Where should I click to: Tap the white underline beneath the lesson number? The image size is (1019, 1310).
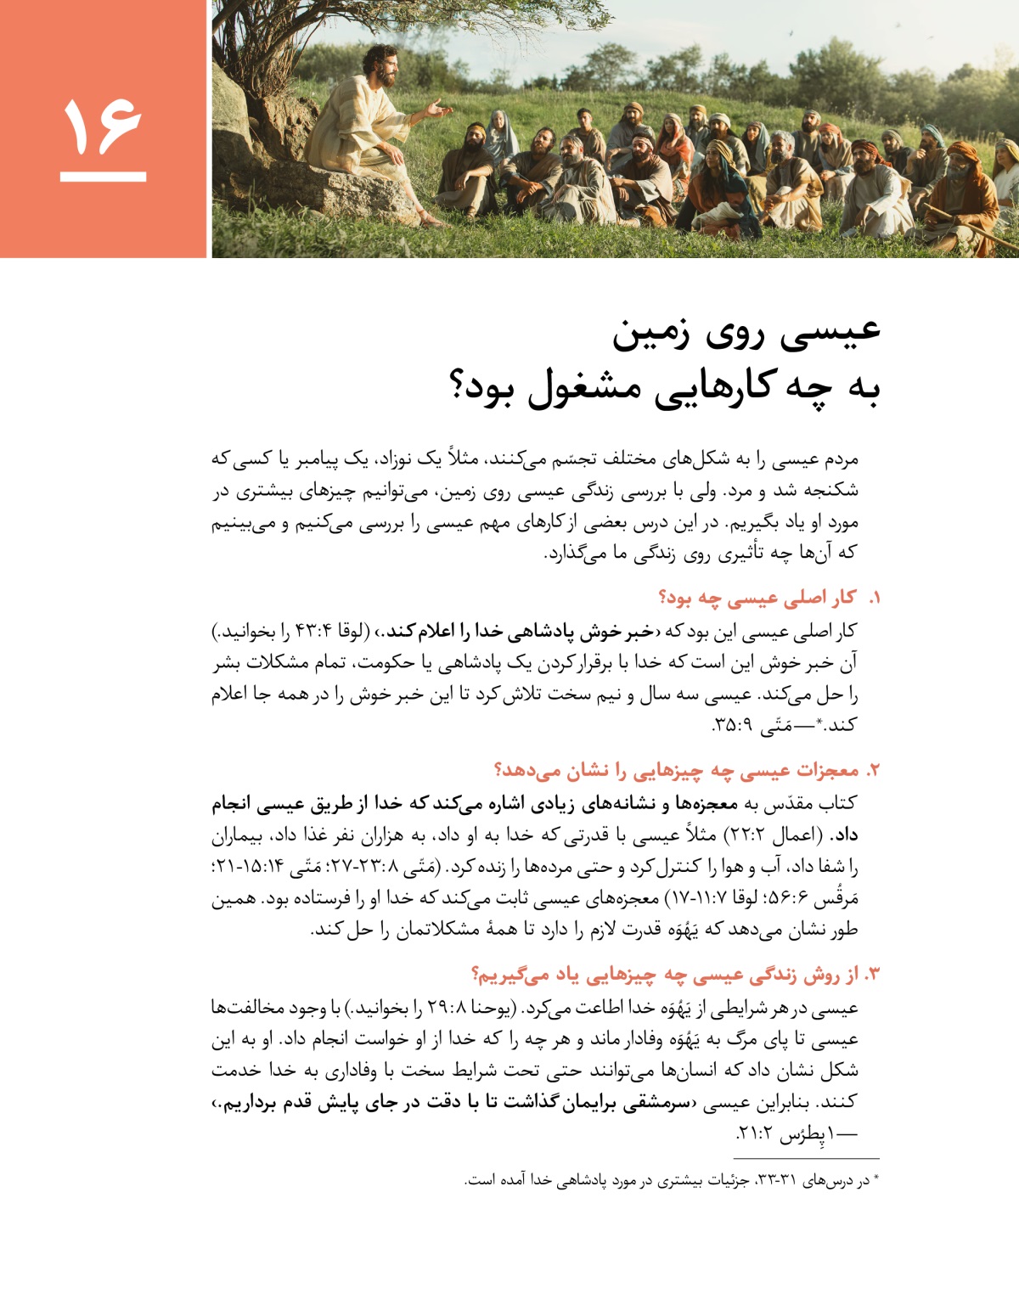click(x=103, y=177)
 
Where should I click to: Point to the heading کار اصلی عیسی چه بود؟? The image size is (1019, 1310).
click(x=757, y=598)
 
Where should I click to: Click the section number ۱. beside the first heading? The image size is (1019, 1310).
click(x=874, y=599)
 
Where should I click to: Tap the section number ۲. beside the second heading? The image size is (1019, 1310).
click(x=872, y=771)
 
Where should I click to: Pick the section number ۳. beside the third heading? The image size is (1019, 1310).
click(x=872, y=975)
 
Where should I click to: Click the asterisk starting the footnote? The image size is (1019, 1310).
click(x=876, y=1180)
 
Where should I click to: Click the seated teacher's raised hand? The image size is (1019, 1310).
click(x=439, y=110)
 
